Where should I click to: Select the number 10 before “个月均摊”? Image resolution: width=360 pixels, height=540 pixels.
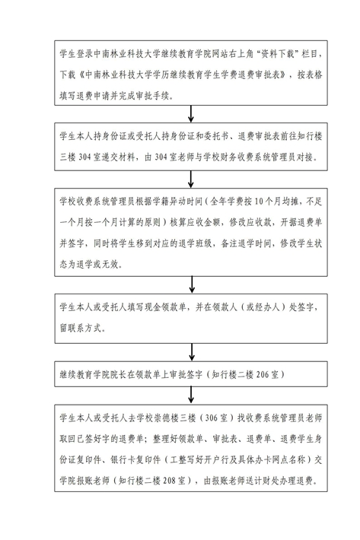coord(259,202)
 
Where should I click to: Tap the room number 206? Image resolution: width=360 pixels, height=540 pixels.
coord(262,374)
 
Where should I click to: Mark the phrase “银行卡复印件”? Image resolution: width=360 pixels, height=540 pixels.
coord(135,459)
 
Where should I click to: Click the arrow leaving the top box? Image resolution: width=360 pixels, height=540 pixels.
coord(191,113)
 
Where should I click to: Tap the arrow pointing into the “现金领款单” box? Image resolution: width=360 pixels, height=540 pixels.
coord(192,284)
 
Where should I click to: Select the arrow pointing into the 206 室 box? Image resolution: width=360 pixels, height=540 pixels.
coord(192,352)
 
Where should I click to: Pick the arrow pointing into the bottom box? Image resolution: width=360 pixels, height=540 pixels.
coord(191,395)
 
